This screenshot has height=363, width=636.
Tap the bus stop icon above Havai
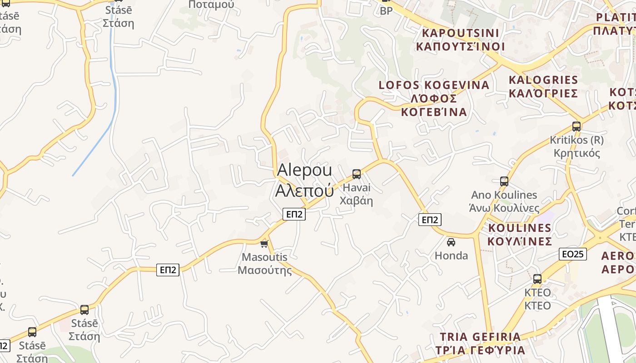[x=357, y=174]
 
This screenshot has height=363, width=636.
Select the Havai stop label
[x=357, y=194]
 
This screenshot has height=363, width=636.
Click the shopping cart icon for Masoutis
[x=264, y=244]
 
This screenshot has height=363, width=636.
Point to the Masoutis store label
[x=264, y=264]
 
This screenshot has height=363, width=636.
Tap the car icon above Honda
[x=451, y=242]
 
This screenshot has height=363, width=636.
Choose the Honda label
[x=451, y=255]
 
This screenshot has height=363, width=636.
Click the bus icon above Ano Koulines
[x=504, y=181]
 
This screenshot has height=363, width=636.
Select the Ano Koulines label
[x=504, y=201]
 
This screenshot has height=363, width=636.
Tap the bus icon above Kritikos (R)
[x=576, y=127]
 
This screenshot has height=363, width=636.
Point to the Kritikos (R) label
[x=576, y=146]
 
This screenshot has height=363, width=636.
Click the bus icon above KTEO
[x=537, y=279]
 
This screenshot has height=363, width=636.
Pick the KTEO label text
[x=537, y=299]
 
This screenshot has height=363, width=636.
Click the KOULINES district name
[x=520, y=234]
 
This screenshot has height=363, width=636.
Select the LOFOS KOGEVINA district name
[x=434, y=98]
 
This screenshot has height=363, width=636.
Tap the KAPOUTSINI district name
[x=460, y=39]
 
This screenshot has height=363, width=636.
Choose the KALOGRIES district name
[x=543, y=86]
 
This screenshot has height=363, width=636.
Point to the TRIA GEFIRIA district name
[x=480, y=343]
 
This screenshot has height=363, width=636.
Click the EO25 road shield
[x=572, y=254]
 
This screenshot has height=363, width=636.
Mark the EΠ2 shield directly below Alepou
[x=294, y=214]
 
